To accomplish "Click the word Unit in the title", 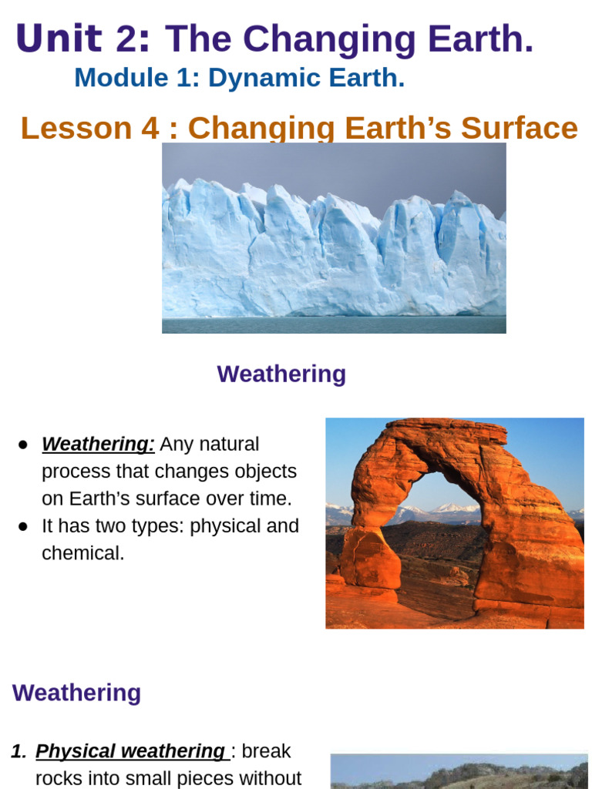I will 58,39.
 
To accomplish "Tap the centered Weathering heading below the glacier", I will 281,374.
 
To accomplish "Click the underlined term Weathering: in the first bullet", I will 98,445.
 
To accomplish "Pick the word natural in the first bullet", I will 229,445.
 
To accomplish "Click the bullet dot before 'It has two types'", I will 23,526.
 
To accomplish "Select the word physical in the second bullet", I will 226,526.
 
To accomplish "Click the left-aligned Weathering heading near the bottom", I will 76,693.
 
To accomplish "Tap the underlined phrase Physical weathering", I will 130,751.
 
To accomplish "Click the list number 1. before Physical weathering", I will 19,751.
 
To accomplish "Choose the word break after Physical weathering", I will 266,751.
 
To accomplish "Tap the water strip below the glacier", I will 334,324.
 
